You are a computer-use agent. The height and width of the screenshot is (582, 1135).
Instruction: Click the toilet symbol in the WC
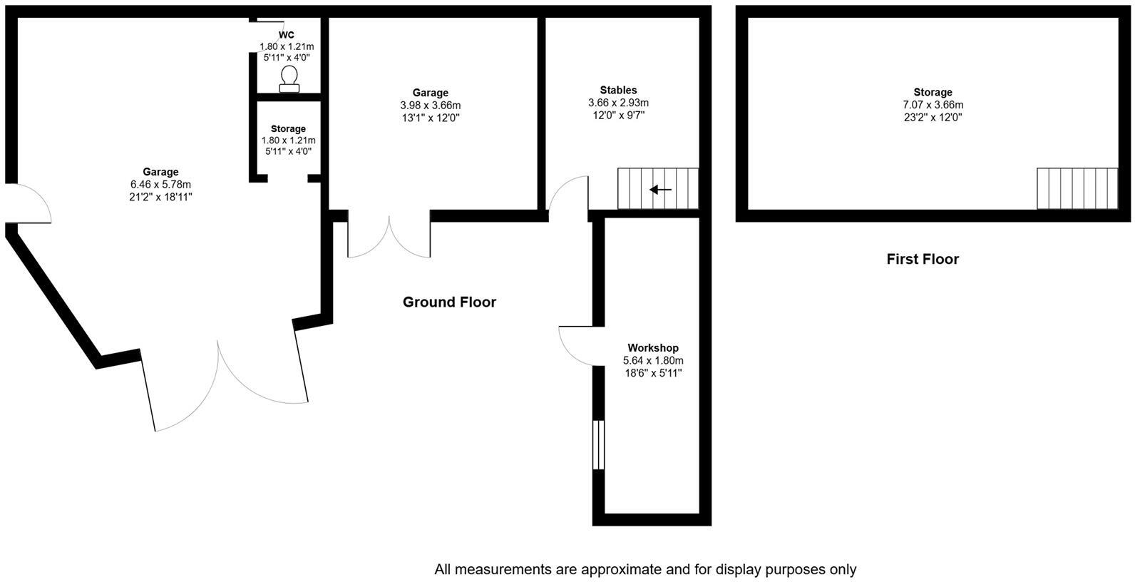[289, 78]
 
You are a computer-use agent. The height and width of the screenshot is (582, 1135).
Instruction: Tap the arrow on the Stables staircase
[660, 190]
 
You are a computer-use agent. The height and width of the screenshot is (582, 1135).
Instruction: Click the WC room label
[286, 35]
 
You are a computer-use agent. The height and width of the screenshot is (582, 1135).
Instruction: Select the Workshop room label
[652, 348]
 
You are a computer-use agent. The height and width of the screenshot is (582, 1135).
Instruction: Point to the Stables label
[618, 91]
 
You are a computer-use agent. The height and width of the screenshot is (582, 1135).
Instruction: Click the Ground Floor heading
[449, 302]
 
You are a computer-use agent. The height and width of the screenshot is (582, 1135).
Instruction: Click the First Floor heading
[923, 259]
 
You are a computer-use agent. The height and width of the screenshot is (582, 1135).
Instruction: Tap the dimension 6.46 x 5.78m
[160, 184]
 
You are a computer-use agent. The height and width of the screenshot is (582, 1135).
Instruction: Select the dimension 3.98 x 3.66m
[430, 106]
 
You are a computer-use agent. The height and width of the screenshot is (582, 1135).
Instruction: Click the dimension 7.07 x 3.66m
[933, 105]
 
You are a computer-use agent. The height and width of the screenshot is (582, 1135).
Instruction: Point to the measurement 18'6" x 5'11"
[652, 372]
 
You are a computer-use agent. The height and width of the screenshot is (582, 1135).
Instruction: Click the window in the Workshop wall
[598, 445]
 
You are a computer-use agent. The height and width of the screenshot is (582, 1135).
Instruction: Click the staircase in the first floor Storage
[1077, 188]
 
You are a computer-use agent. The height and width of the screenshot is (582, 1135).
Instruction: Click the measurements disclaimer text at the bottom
[645, 570]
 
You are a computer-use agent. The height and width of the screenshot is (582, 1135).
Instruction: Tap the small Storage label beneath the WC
[288, 129]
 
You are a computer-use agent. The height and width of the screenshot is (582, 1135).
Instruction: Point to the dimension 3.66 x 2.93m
[618, 103]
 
